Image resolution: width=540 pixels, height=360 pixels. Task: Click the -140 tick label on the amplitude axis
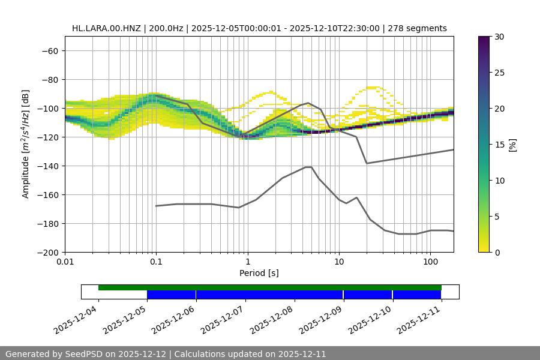[x=48, y=166]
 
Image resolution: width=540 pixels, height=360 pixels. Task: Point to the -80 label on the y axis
[x=50, y=79]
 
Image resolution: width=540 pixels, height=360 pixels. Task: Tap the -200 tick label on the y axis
[x=48, y=252]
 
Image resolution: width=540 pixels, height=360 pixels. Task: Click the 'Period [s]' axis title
[x=259, y=273]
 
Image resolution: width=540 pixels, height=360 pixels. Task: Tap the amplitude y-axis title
[x=26, y=144]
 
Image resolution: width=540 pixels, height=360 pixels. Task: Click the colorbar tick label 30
[x=499, y=37]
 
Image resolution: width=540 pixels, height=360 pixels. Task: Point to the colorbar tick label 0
[x=497, y=252]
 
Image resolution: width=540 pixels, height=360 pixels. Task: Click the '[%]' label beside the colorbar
[x=512, y=145]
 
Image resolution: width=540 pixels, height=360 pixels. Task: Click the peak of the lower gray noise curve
[x=308, y=167]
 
